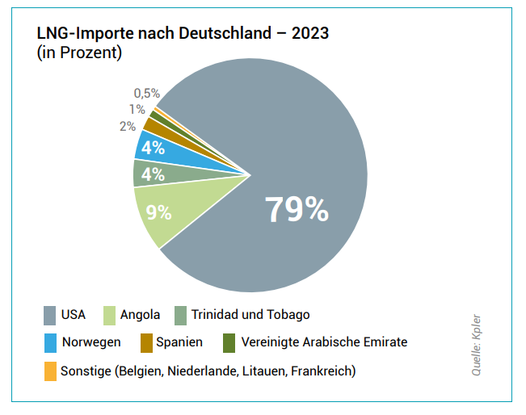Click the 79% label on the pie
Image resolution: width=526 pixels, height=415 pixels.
297,209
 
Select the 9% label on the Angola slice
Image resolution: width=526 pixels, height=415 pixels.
158,212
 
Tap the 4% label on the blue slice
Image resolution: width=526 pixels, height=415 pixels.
153,148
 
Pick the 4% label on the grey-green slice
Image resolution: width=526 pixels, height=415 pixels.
153,174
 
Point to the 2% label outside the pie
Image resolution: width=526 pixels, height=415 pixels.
127,126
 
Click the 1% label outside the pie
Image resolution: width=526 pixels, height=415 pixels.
136,109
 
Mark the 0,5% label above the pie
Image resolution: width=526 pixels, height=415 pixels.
147,94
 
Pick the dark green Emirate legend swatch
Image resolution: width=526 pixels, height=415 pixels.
229,342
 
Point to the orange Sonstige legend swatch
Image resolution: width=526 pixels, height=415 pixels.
49,371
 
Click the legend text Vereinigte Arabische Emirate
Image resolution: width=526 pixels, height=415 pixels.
324,342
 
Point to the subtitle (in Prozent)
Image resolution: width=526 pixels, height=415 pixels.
80,53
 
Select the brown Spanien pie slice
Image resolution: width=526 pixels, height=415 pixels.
157,125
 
